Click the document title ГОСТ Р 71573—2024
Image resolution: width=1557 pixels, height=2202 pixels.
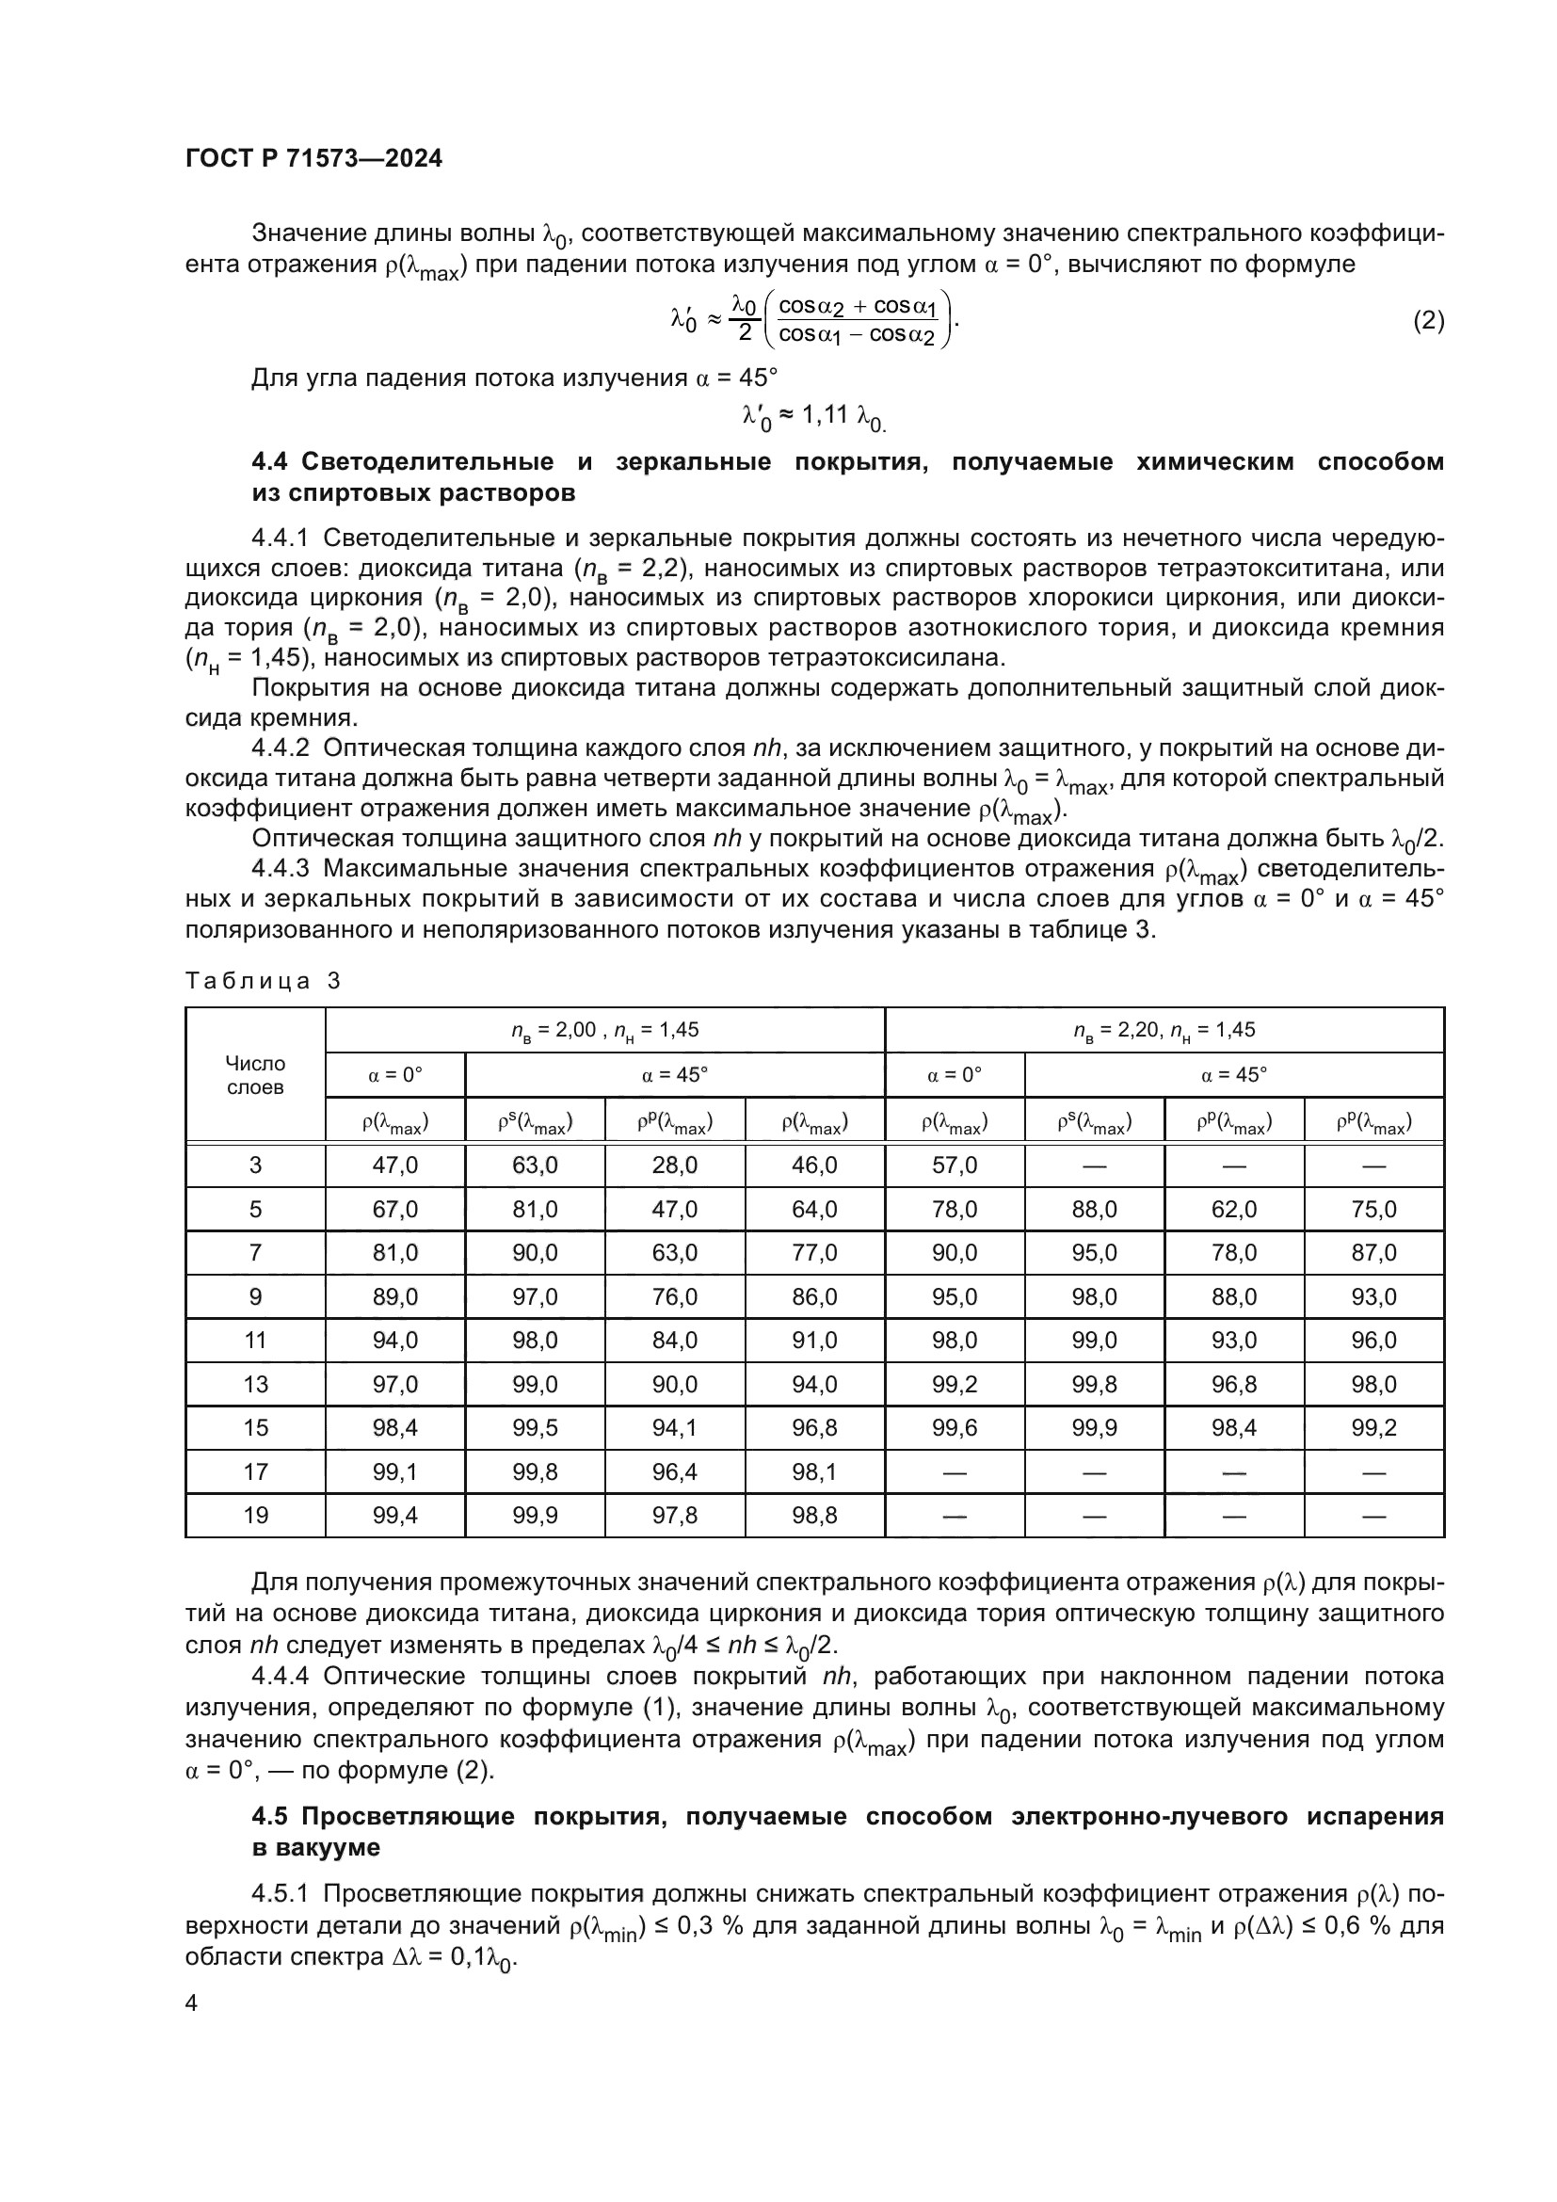click(x=313, y=159)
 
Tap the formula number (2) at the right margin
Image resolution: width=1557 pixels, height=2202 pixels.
click(x=1428, y=320)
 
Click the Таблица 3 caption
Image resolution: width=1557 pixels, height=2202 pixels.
click(x=263, y=980)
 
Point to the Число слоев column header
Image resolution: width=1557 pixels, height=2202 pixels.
click(x=255, y=1075)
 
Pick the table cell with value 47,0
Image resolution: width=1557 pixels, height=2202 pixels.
click(x=395, y=1165)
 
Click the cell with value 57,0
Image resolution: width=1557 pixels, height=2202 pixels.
click(x=954, y=1165)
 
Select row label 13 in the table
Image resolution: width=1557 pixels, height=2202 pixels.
click(x=255, y=1384)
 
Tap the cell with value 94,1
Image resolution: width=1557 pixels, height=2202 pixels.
click(x=675, y=1428)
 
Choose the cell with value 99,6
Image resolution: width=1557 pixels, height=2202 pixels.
click(x=954, y=1428)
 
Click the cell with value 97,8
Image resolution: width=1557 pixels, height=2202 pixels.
click(x=675, y=1516)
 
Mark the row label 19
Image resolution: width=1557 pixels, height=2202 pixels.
click(x=255, y=1516)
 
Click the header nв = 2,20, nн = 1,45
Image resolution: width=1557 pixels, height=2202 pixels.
click(x=1164, y=1031)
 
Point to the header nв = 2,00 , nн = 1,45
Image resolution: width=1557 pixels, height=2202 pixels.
click(x=604, y=1031)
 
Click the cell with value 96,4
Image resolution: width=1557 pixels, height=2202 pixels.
click(x=675, y=1471)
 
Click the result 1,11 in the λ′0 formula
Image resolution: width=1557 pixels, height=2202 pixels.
click(x=825, y=414)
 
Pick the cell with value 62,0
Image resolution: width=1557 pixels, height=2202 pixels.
click(x=1234, y=1210)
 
